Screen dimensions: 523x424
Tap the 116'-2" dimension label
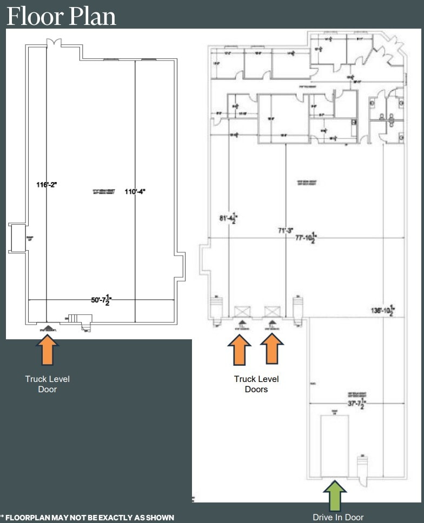click(47, 184)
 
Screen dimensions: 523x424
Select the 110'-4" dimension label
click(136, 191)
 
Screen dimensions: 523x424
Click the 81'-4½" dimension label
click(228, 219)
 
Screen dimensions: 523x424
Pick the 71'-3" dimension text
click(285, 230)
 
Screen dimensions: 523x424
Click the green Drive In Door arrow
click(335, 496)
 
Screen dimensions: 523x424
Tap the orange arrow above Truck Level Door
click(48, 350)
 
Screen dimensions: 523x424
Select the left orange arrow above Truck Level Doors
click(240, 350)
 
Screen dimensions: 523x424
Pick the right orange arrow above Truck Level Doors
click(272, 350)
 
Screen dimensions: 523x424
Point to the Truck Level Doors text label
click(256, 384)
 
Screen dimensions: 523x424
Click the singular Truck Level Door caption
click(48, 384)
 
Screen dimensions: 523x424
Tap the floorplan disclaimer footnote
click(88, 518)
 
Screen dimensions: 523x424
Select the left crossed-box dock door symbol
click(242, 312)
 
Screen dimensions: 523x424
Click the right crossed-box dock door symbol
click(271, 312)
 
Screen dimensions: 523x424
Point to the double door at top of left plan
click(54, 43)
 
